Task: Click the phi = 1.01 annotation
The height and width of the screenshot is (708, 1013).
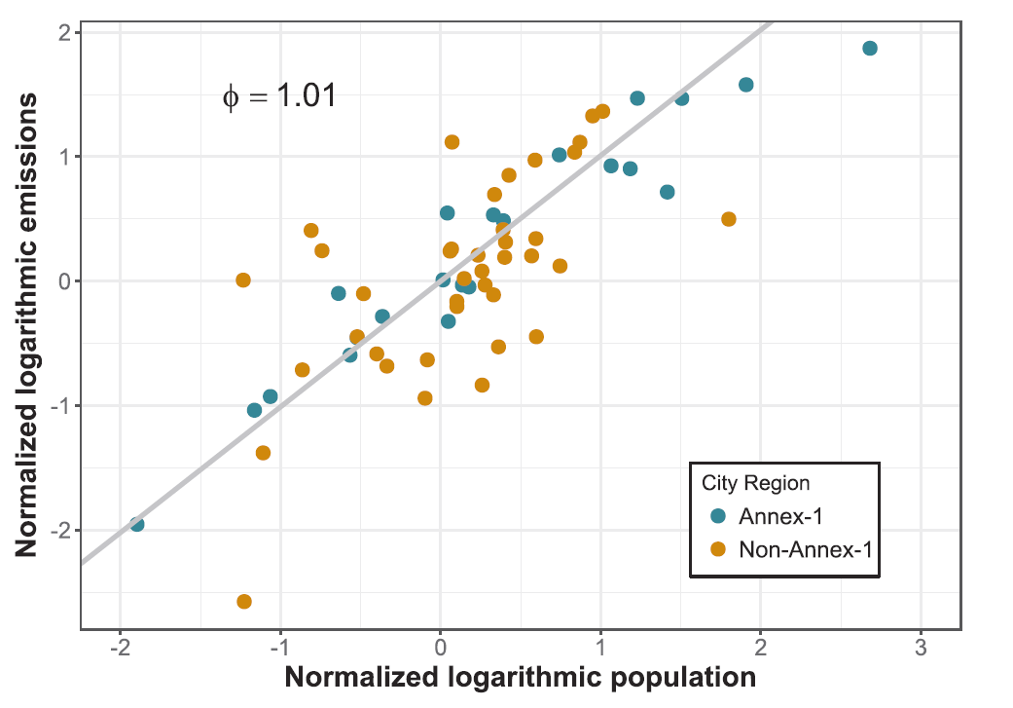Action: tap(279, 96)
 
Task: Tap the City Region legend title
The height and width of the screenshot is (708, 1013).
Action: tap(755, 483)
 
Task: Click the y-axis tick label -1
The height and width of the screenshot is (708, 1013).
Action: tap(58, 406)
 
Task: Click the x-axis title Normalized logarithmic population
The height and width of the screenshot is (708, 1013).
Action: tap(521, 679)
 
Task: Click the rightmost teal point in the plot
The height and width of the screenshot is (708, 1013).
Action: tap(870, 49)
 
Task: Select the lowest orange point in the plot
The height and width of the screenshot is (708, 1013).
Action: tap(244, 602)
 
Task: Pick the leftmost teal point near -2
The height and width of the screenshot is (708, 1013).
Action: tap(137, 525)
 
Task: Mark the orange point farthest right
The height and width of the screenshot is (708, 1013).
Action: tap(729, 219)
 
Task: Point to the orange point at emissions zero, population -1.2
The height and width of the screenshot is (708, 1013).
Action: tap(243, 280)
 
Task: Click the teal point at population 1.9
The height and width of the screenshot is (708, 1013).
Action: tap(746, 85)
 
